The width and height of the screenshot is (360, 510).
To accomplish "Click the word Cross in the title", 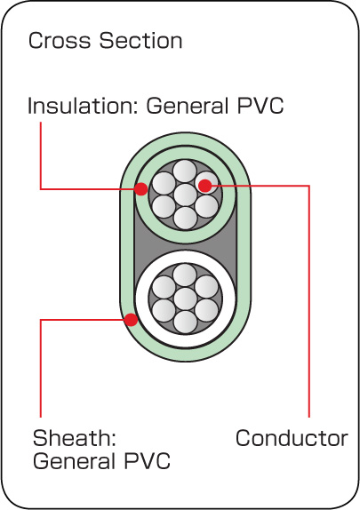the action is coord(60,41).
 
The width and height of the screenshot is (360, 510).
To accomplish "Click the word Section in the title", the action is coord(140,41).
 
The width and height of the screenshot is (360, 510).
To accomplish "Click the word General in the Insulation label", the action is coord(188,106).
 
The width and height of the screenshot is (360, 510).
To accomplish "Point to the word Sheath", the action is coord(74,438).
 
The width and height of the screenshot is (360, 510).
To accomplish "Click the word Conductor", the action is coord(292,438).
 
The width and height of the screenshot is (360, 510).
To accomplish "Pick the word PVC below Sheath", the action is coord(147,461).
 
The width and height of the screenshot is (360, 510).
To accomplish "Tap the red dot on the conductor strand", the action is coord(205,186).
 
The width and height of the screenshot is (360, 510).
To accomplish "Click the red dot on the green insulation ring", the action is coord(141,189).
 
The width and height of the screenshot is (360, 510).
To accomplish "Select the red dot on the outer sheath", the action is coord(132,319).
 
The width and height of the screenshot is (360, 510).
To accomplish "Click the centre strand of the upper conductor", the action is coord(185,195).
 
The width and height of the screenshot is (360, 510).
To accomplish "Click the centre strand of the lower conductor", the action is coord(185,299).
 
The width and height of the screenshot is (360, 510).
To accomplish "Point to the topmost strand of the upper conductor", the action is coord(185,171).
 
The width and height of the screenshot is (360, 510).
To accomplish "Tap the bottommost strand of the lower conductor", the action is coord(186,323).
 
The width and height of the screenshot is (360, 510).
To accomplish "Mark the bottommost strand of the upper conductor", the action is coord(186,219).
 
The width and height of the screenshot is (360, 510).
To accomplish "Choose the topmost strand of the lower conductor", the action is coord(185,275).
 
